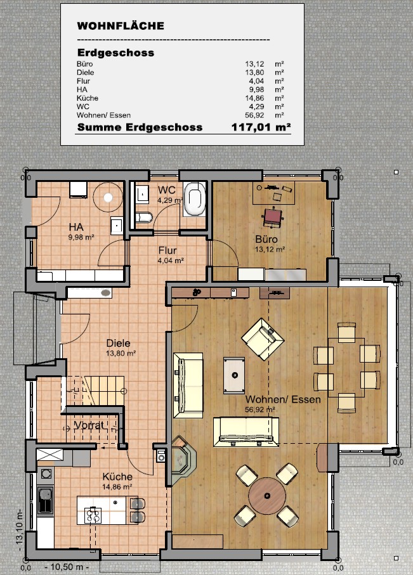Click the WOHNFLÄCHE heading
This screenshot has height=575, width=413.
tap(121, 26)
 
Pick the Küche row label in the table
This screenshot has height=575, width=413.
tap(86, 98)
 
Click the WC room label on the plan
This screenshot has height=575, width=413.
tap(167, 190)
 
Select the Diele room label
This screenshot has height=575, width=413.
tap(118, 343)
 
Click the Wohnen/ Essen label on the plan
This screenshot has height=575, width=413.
tap(283, 400)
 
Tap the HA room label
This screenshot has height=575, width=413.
tap(77, 227)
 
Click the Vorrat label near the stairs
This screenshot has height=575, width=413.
tap(89, 425)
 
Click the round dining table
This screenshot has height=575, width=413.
tap(267, 495)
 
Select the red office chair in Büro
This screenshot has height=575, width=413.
tap(273, 217)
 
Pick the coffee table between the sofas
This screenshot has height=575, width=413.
tap(234, 375)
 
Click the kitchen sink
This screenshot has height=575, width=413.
tap(46, 501)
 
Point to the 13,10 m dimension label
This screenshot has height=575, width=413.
tap(20, 529)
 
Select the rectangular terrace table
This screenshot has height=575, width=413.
tap(347, 366)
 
